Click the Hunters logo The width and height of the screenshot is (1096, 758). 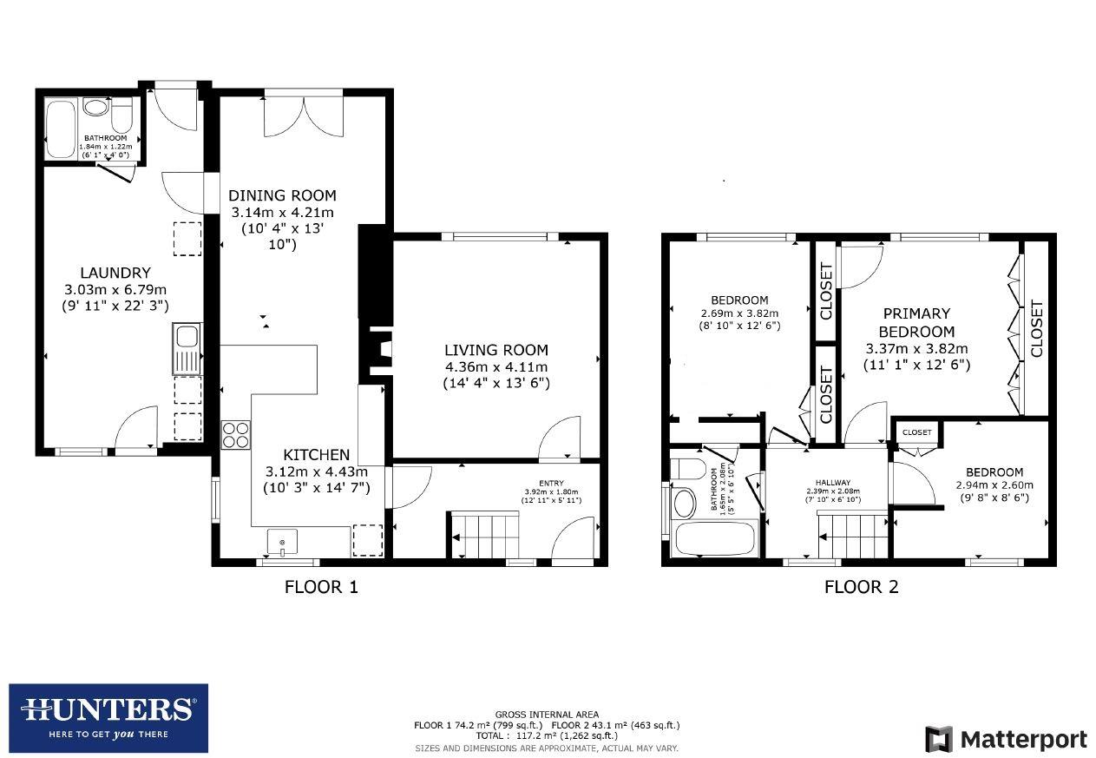[x=108, y=718]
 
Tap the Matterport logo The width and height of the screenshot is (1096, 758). [x=1006, y=740]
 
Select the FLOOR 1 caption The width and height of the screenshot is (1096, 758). [x=321, y=587]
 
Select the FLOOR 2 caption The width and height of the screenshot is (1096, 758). [x=861, y=587]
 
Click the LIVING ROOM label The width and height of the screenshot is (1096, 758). [x=496, y=350]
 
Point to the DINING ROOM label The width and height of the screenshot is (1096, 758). [x=282, y=195]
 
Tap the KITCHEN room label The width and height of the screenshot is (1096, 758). [x=317, y=455]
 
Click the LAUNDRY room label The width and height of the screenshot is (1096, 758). [x=115, y=273]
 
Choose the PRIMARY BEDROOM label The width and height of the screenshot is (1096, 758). [x=916, y=322]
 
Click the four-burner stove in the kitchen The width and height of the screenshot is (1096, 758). [x=235, y=434]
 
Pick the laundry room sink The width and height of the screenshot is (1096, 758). [x=187, y=348]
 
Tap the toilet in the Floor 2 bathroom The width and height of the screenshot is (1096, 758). [x=691, y=470]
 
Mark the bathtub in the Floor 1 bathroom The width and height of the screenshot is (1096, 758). [x=60, y=129]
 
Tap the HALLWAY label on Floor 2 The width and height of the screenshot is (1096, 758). [x=832, y=483]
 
